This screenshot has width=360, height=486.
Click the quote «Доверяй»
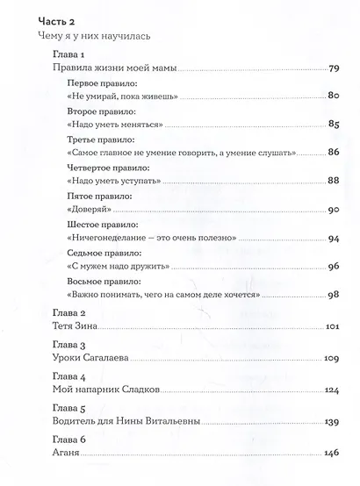tap(85, 210)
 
